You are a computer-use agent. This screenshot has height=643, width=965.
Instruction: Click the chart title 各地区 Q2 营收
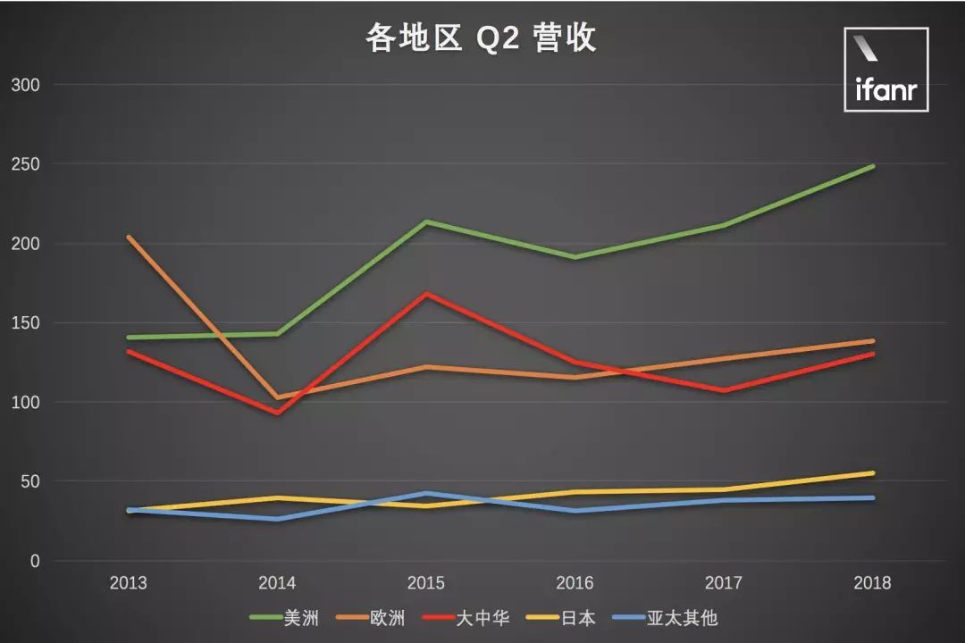481,38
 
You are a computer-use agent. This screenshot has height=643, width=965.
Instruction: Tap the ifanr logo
885,70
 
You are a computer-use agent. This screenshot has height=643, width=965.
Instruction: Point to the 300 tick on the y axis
26,85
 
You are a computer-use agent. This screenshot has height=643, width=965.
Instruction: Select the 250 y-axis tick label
26,164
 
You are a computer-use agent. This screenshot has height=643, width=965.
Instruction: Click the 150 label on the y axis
26,323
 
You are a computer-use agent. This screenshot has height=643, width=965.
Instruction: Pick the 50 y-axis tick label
30,482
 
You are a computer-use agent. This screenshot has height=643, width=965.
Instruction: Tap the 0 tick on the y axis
35,562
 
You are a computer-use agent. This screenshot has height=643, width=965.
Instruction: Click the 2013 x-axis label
128,584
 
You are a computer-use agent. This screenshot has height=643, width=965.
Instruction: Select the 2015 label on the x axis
425,584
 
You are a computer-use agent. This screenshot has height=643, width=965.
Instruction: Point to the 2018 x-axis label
872,584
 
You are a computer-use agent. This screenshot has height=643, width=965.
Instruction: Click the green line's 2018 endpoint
872,166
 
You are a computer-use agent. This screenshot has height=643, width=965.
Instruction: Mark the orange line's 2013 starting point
129,237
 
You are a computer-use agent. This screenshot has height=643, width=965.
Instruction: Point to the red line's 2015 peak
426,294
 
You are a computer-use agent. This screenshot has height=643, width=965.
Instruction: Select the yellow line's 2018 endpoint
872,473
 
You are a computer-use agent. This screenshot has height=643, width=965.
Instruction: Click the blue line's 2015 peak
426,493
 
